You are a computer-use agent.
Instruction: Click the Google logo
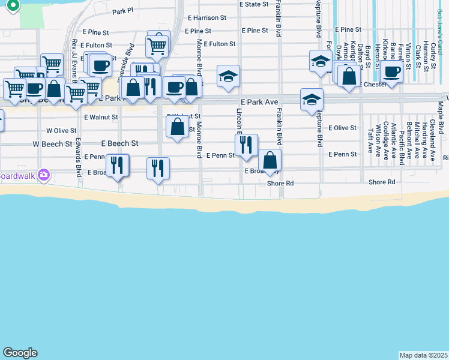[x=20, y=353]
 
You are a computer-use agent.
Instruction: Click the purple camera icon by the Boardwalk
[x=43, y=175]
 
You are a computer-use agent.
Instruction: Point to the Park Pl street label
[x=122, y=11]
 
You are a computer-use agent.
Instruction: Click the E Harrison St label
[x=206, y=18]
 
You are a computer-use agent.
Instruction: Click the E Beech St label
[x=120, y=144]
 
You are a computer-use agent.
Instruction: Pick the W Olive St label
[x=61, y=130]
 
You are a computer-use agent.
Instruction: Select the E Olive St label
[x=342, y=128]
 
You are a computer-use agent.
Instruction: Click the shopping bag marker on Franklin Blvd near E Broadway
[x=270, y=160]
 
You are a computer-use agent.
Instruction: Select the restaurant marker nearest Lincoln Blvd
[x=246, y=145]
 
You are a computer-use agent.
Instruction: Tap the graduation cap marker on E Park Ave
[x=312, y=99]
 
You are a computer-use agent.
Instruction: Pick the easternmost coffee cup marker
[x=392, y=72]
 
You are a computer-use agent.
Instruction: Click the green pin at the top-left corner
[x=13, y=5]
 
